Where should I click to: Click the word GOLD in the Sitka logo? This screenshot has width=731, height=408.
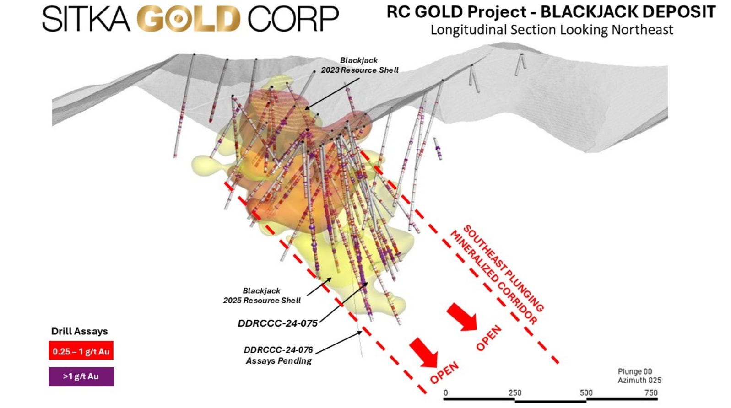click(x=189, y=19)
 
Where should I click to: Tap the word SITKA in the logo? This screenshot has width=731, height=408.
click(x=87, y=19)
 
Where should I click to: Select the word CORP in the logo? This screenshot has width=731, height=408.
click(x=293, y=19)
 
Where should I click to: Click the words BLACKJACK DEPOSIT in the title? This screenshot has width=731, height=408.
click(x=628, y=12)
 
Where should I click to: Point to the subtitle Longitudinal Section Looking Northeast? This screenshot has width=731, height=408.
click(x=552, y=30)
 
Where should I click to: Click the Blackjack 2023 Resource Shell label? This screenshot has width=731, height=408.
click(x=359, y=65)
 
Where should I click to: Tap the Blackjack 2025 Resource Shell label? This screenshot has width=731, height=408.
click(x=262, y=295)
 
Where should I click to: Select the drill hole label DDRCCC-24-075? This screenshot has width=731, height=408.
click(x=277, y=323)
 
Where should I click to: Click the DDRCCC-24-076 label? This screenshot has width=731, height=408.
click(x=278, y=350)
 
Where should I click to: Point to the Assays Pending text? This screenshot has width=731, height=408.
click(x=279, y=361)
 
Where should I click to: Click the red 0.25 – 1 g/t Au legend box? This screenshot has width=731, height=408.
click(x=81, y=351)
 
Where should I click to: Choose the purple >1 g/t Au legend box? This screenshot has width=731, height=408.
click(x=81, y=376)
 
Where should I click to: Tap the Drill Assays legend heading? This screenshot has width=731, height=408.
click(x=80, y=331)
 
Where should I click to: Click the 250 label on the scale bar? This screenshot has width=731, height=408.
click(x=515, y=392)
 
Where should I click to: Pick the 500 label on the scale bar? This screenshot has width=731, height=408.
click(x=586, y=392)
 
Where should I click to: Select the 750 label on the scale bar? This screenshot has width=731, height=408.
click(x=651, y=392)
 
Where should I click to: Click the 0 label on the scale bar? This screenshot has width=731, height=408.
click(x=446, y=392)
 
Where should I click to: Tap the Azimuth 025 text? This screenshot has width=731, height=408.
click(x=639, y=380)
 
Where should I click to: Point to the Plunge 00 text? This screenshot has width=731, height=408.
click(x=634, y=371)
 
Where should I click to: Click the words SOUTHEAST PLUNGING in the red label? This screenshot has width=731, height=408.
click(x=504, y=268)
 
